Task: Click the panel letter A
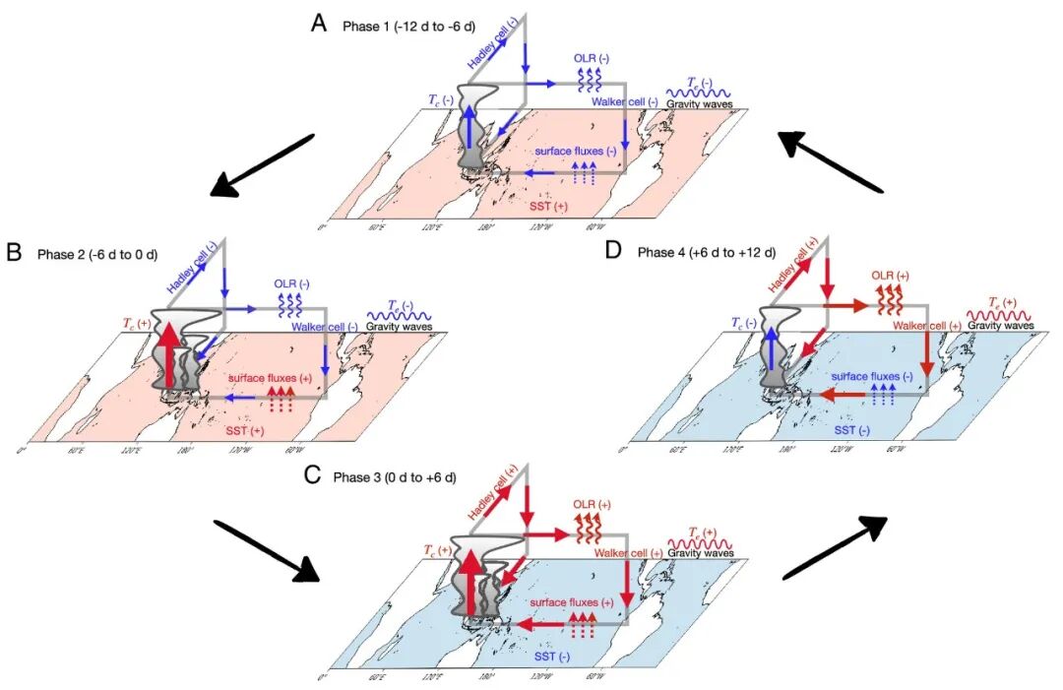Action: [318, 23]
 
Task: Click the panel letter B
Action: [14, 252]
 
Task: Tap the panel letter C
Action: [312, 474]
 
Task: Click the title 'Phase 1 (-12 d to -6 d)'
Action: [407, 26]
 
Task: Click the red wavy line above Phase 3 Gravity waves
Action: [700, 541]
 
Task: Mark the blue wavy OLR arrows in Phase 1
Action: [588, 79]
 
